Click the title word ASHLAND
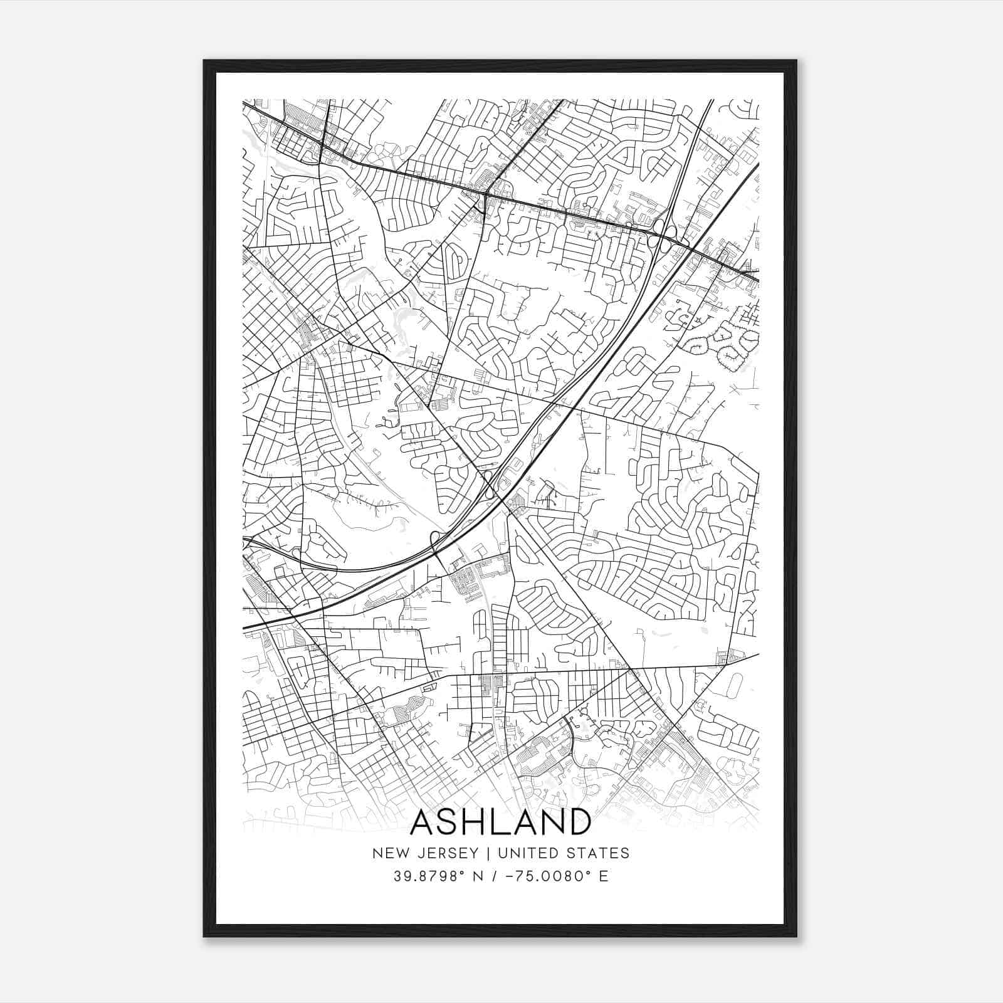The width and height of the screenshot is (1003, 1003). click(x=500, y=822)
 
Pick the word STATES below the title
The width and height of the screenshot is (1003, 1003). click(x=599, y=853)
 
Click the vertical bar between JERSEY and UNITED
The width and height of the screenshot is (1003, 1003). click(x=483, y=853)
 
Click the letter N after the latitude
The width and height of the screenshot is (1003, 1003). click(x=479, y=876)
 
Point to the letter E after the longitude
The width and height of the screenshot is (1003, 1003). click(x=604, y=876)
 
